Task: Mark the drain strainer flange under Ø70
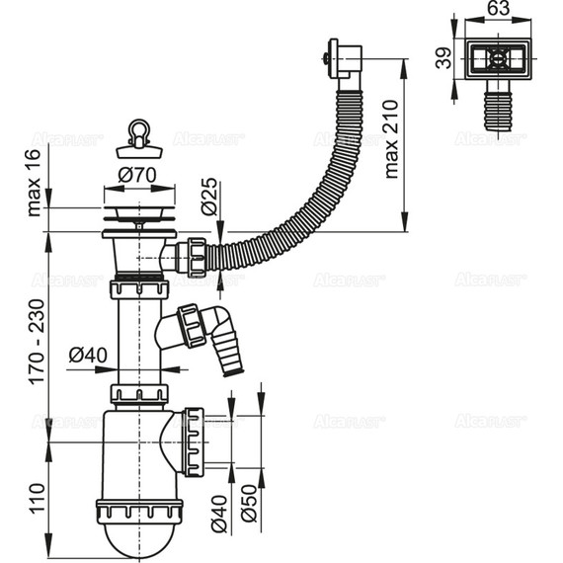tap(140, 210)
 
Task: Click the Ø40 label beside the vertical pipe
tap(88, 354)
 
